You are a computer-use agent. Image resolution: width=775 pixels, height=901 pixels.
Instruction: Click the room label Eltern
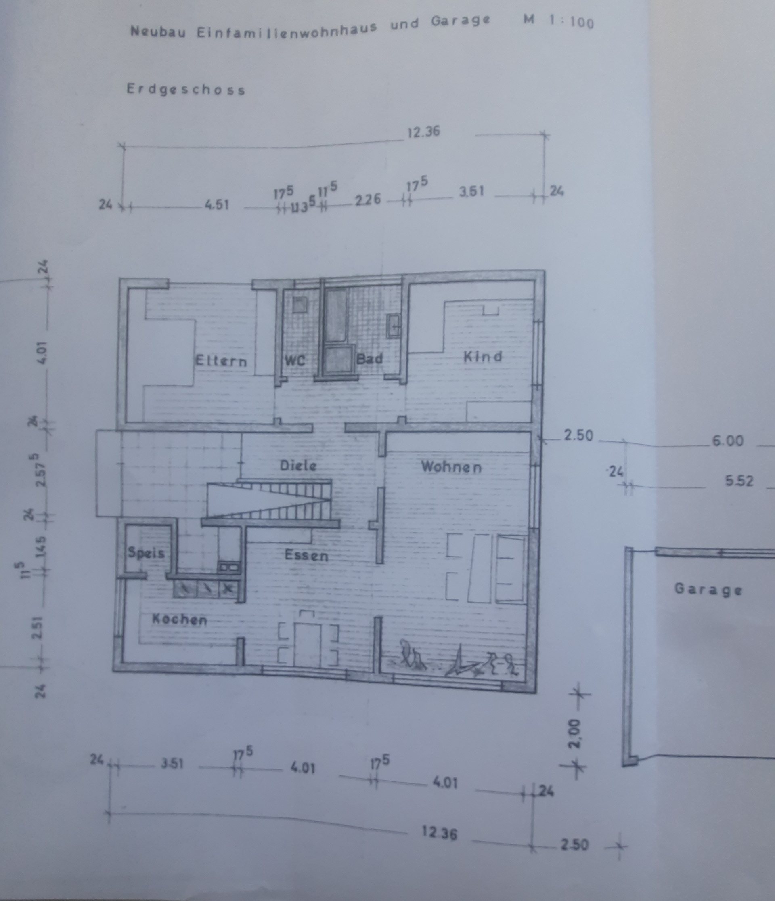coord(221,361)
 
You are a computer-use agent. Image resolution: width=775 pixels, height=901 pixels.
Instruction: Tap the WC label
coord(295,361)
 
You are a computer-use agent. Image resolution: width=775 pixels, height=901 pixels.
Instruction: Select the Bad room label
coord(369,359)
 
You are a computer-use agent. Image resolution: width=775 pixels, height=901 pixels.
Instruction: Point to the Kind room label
coord(482,357)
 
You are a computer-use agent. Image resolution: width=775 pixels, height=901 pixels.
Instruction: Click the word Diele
coord(298,466)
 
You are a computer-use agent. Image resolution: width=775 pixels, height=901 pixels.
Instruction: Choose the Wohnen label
coord(451,467)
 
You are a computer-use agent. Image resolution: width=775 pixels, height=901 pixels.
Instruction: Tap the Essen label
coord(306,555)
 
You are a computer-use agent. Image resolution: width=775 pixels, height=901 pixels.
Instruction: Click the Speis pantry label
coord(146,553)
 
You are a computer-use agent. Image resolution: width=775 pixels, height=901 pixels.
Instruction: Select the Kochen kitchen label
coord(180,620)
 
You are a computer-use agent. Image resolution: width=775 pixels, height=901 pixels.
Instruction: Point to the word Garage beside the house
coord(708,590)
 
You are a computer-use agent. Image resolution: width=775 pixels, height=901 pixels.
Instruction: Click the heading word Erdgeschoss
coord(186,90)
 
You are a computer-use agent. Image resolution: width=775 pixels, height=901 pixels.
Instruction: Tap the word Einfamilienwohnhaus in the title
coord(287,30)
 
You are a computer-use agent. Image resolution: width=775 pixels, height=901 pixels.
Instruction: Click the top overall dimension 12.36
coord(423,131)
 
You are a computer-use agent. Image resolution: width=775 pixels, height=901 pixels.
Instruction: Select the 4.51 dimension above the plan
coord(217,204)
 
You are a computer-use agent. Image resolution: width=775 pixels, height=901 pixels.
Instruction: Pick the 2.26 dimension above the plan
coord(368,200)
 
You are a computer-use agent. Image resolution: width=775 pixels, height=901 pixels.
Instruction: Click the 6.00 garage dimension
coord(728,441)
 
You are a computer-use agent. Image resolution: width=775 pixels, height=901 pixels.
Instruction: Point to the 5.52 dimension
coord(739,481)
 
